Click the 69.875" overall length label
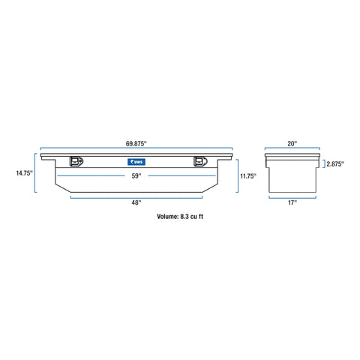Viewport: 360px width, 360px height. tap(136, 143)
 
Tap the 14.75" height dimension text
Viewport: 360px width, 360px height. tap(25, 173)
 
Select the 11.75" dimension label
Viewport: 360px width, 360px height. tap(248, 176)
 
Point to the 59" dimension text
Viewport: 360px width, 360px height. tap(136, 175)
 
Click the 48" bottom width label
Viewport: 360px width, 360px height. tap(136, 202)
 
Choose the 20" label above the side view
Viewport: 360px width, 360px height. tap(292, 143)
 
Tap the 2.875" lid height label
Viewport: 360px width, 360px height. tap(335, 164)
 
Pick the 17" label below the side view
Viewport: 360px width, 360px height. tap(292, 202)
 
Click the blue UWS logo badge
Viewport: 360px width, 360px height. tap(136, 162)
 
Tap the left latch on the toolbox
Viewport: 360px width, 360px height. tap(76, 161)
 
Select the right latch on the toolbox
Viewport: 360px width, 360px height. tap(200, 161)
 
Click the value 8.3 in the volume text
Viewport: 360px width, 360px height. tap(184, 217)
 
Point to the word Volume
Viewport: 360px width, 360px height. tap(167, 217)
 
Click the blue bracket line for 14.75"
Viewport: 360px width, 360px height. tap(35, 173)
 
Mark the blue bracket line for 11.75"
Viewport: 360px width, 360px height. tap(238, 175)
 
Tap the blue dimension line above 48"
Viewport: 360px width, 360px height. tap(136, 198)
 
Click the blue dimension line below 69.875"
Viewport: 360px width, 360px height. tap(136, 148)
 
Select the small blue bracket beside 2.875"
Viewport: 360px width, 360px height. tap(325, 164)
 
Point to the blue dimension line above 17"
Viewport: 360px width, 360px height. tap(292, 198)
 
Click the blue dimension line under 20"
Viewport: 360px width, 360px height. tap(292, 148)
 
